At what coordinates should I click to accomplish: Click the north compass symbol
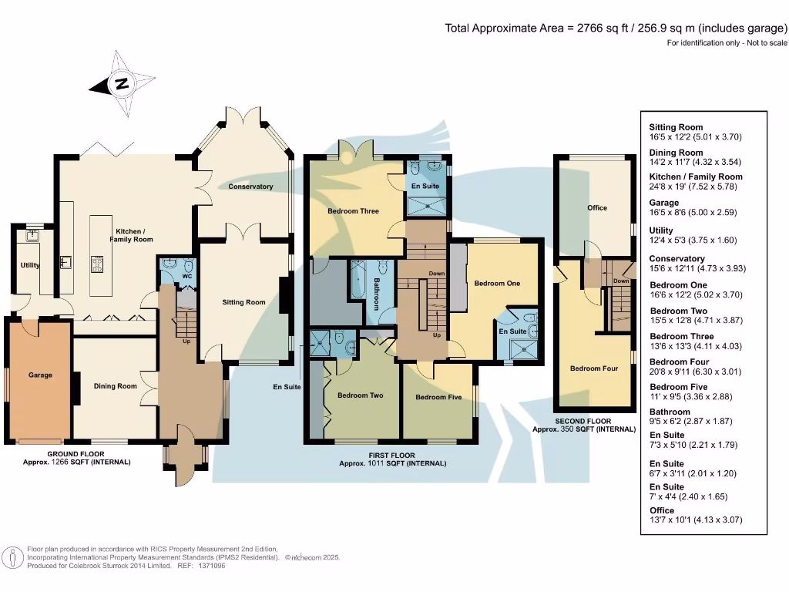[122, 84]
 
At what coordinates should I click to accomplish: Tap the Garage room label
[40, 375]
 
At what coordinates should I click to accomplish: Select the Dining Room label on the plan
[116, 386]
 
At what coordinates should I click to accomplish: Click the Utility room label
[30, 265]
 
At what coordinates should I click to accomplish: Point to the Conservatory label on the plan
[250, 187]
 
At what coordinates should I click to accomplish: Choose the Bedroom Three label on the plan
[353, 210]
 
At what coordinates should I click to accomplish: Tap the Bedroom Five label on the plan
[438, 398]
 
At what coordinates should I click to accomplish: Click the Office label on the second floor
[597, 207]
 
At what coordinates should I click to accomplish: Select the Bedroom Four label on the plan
[594, 368]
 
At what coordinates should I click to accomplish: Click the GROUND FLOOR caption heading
[76, 454]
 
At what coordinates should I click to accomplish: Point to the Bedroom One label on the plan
[497, 283]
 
